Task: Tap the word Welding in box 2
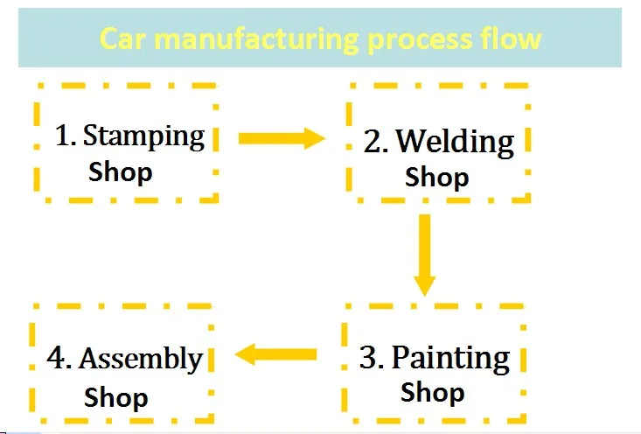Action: tap(455, 141)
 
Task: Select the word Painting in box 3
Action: tap(450, 358)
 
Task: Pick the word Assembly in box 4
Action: tap(141, 359)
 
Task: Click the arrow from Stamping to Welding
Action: tap(281, 137)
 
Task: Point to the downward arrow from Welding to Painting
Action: tap(425, 255)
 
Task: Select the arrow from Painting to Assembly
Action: tap(275, 354)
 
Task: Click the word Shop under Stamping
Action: tap(121, 171)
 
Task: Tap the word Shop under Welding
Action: tap(436, 178)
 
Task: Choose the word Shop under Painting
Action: tap(433, 393)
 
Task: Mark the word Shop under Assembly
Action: tap(116, 397)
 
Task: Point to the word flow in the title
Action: tap(512, 39)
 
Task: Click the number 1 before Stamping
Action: tap(62, 137)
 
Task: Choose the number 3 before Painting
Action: tap(369, 359)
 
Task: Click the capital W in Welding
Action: tap(411, 141)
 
